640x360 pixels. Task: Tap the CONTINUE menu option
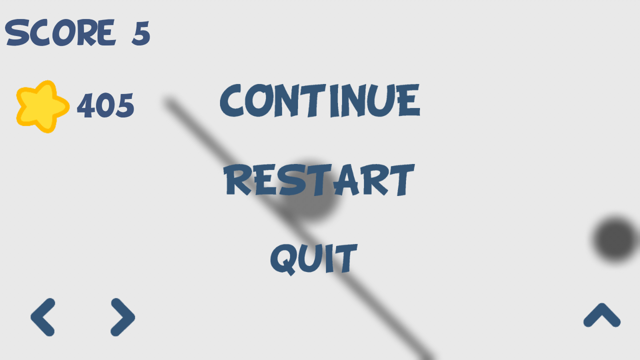(320, 100)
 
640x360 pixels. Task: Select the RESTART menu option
(319, 180)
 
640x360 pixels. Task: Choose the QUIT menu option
(313, 259)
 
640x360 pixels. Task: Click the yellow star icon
(42, 106)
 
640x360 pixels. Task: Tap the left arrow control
(43, 317)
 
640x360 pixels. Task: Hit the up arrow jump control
(601, 315)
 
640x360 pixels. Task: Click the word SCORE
(60, 32)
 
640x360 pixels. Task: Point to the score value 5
(141, 33)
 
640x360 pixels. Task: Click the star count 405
(105, 105)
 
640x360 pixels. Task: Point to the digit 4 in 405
(85, 105)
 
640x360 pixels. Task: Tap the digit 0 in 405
(105, 105)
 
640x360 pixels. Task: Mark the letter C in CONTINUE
(231, 100)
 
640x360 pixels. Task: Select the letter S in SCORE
(17, 32)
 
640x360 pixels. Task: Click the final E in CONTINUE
(409, 100)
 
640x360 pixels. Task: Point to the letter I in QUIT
(329, 259)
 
